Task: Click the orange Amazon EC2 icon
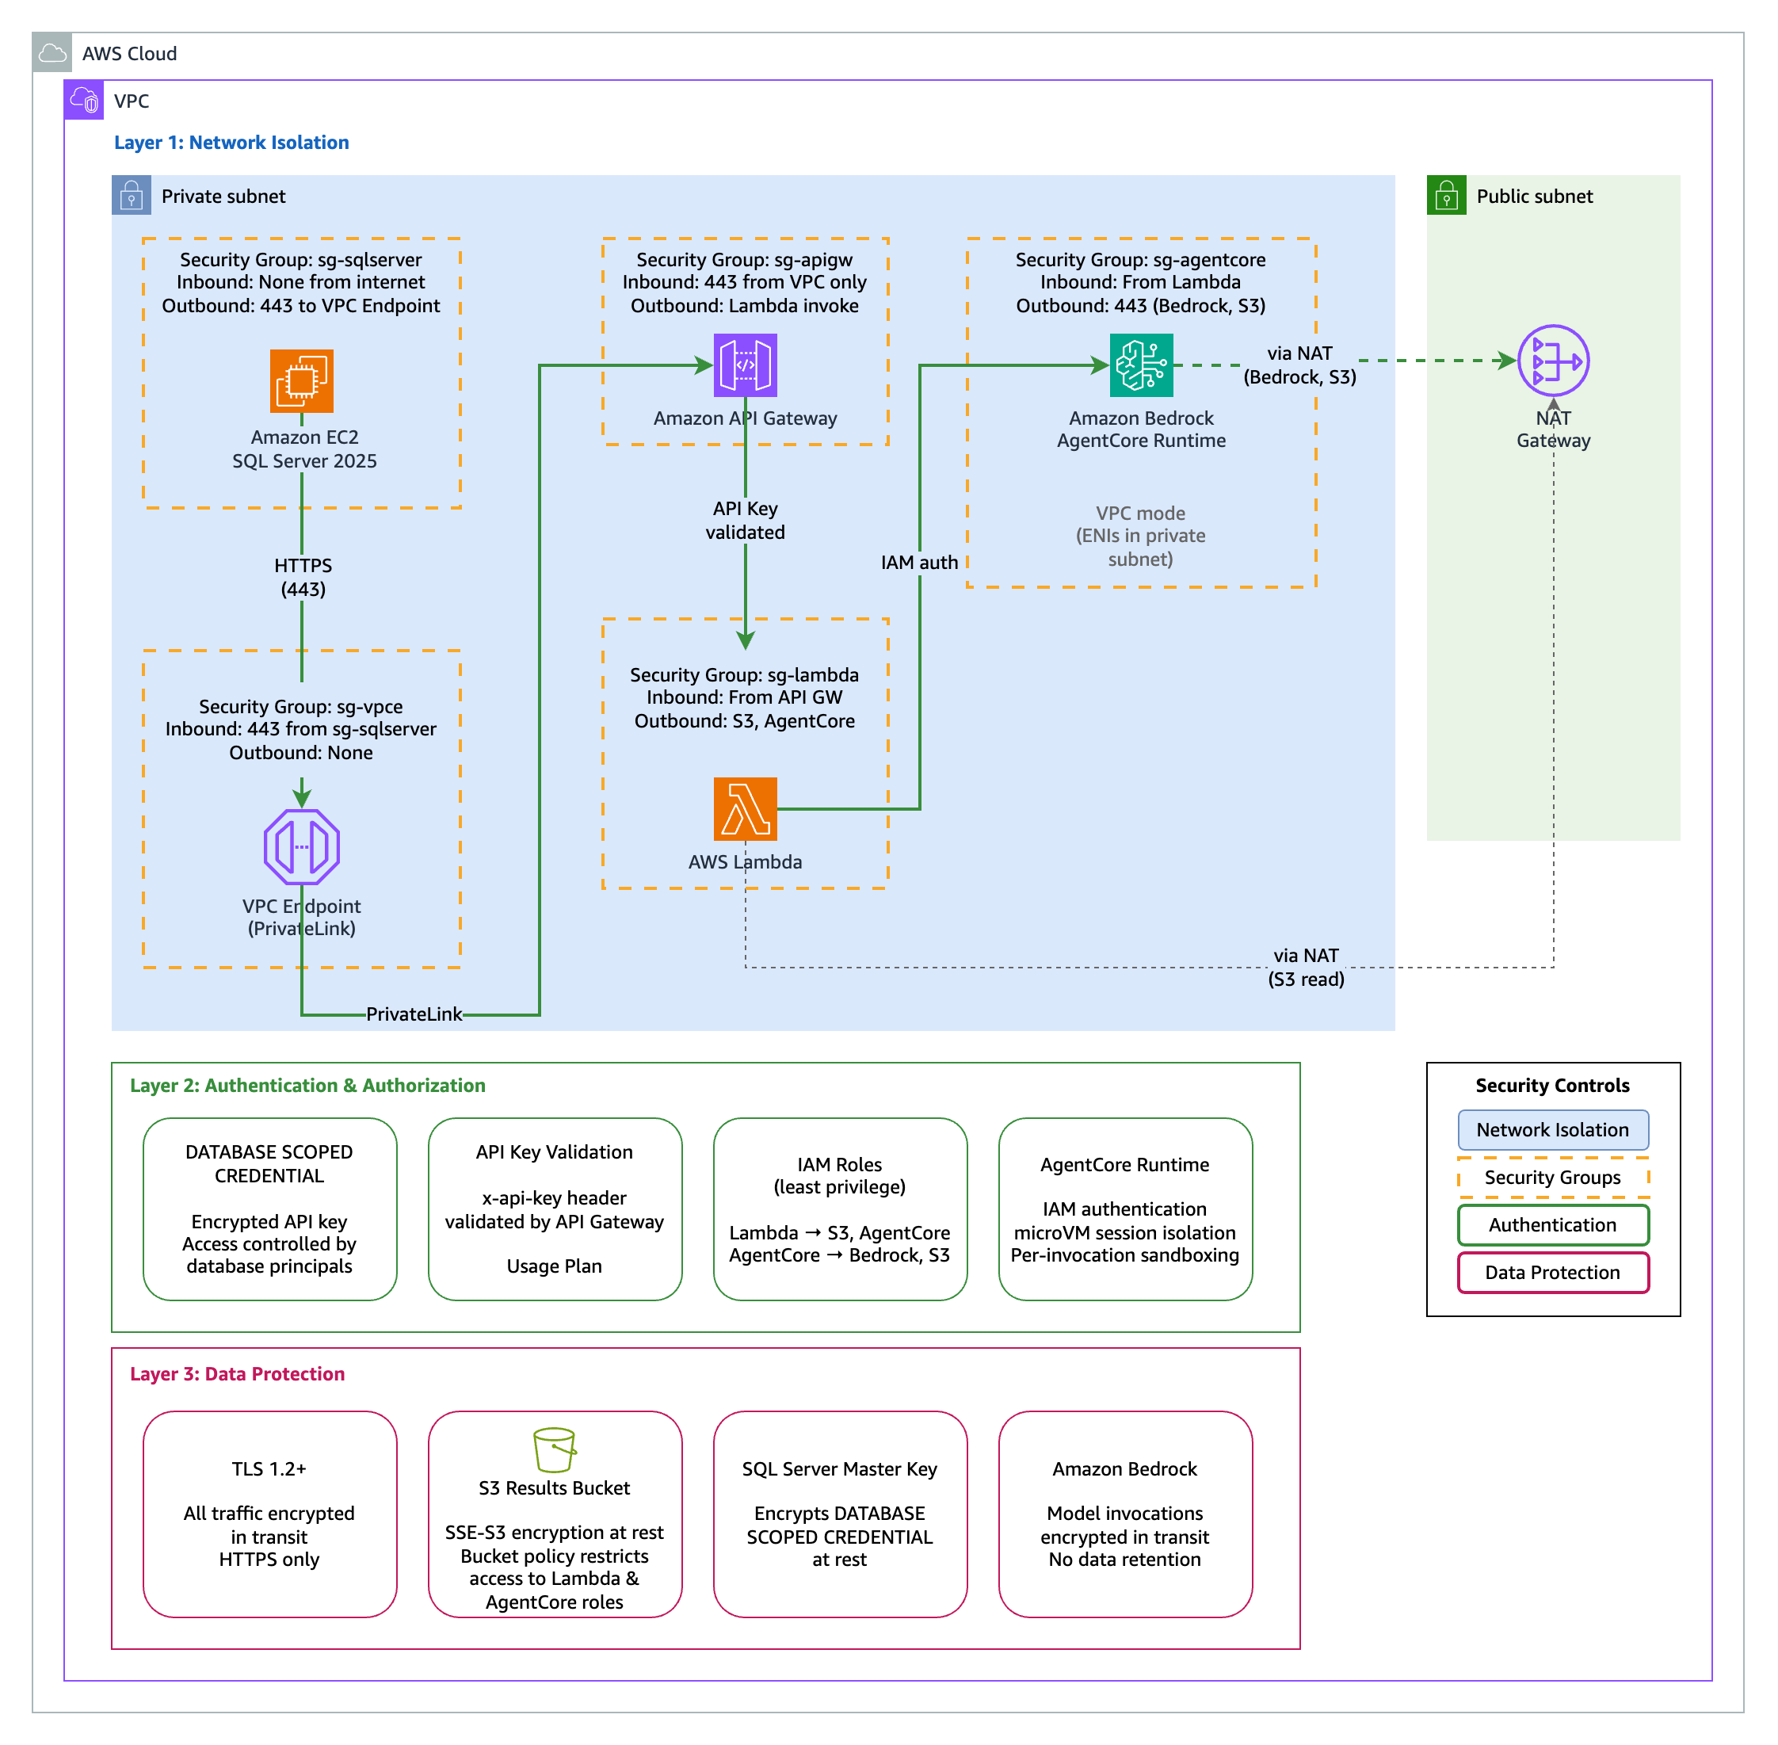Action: [302, 380]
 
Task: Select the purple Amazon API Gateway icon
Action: [745, 365]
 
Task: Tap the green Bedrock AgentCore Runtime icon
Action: [1141, 365]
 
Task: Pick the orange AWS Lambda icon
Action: [745, 808]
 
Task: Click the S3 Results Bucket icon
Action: [555, 1449]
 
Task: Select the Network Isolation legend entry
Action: [1552, 1130]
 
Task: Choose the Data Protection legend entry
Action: [1552, 1272]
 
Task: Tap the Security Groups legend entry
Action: [1552, 1178]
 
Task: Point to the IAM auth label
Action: [918, 563]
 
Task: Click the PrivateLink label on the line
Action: [414, 1014]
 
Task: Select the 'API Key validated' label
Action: [745, 520]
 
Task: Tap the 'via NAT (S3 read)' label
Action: [1306, 967]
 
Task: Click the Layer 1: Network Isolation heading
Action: [231, 142]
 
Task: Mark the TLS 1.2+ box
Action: [269, 1513]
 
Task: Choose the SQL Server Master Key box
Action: [840, 1513]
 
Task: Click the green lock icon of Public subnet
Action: [1446, 195]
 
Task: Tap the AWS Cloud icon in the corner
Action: [52, 53]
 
